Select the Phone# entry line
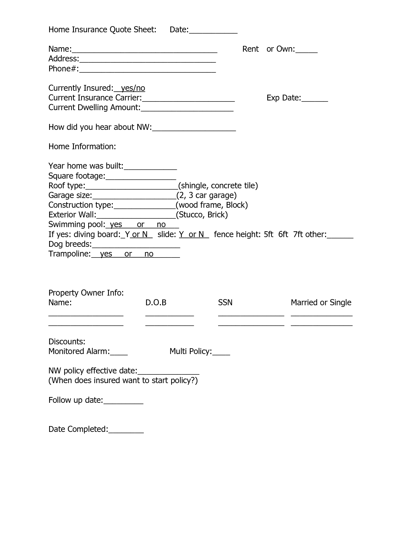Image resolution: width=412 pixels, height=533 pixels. click(147, 69)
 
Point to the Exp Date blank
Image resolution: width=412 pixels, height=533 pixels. click(314, 99)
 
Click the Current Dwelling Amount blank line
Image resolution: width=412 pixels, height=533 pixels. click(187, 108)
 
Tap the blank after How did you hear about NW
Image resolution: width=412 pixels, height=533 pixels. click(194, 128)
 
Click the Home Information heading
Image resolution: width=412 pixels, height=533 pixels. click(82, 147)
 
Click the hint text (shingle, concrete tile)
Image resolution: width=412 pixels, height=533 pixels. click(218, 186)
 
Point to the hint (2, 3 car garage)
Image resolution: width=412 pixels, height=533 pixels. click(206, 195)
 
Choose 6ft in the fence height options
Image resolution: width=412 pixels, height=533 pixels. click(283, 235)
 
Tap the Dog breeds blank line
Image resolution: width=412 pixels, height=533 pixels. click(136, 245)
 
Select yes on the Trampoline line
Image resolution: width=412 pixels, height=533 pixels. click(106, 254)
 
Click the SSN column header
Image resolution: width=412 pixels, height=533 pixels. click(225, 303)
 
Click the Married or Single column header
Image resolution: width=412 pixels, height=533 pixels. click(321, 303)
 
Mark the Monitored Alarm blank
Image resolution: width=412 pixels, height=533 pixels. click(119, 352)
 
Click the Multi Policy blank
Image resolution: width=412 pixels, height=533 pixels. click(221, 352)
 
